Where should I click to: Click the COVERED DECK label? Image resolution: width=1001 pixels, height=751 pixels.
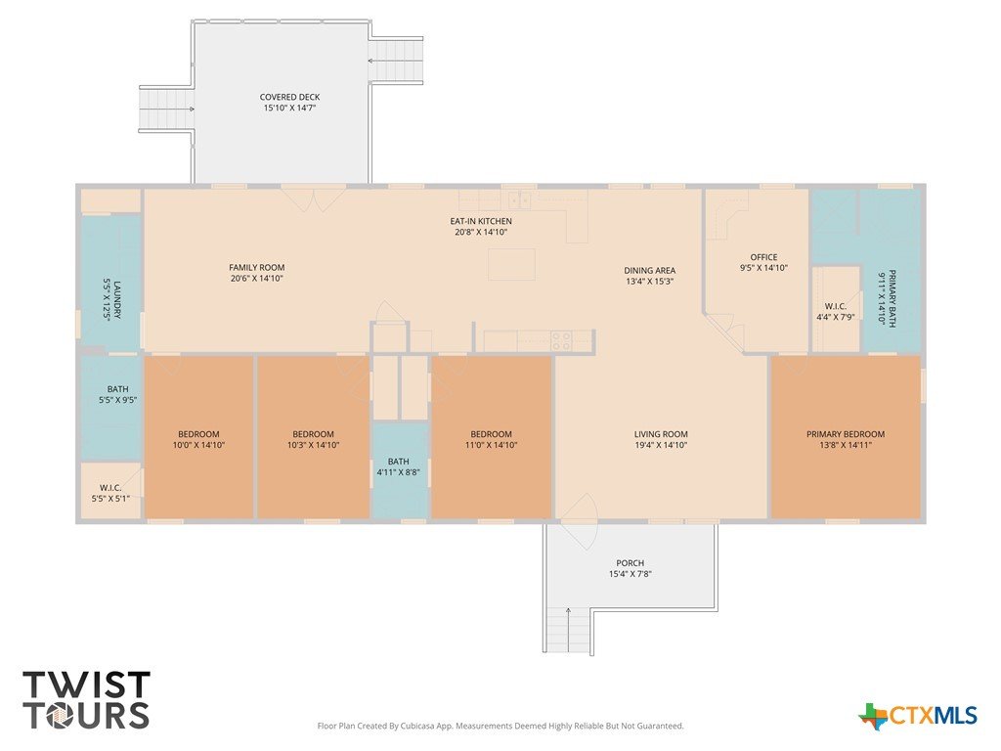pyautogui.click(x=289, y=97)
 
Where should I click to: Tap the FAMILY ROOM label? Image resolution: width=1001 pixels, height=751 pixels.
pyautogui.click(x=257, y=268)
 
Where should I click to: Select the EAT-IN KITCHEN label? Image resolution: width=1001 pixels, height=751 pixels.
pyautogui.click(x=481, y=221)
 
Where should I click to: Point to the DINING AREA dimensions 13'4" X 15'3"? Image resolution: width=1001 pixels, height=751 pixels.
pyautogui.click(x=650, y=281)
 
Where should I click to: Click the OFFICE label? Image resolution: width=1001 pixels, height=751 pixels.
pyautogui.click(x=763, y=257)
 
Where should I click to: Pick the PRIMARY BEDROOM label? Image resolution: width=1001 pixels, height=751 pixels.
pyautogui.click(x=846, y=434)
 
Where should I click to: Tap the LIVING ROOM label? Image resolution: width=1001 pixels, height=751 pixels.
pyautogui.click(x=661, y=434)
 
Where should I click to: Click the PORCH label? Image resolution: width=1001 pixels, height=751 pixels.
pyautogui.click(x=631, y=562)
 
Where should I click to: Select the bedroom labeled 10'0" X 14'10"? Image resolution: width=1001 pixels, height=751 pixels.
pyautogui.click(x=198, y=439)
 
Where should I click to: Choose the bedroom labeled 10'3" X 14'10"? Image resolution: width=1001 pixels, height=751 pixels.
pyautogui.click(x=313, y=439)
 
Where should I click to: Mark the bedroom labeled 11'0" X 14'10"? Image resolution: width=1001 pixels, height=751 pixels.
pyautogui.click(x=491, y=439)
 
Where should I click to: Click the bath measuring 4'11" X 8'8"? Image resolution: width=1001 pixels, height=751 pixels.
pyautogui.click(x=399, y=466)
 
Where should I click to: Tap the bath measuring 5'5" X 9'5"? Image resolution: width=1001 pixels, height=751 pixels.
pyautogui.click(x=117, y=394)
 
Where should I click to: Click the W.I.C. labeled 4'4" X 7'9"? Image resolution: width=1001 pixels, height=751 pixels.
pyautogui.click(x=835, y=312)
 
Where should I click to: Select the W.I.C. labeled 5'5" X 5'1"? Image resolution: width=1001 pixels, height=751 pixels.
pyautogui.click(x=110, y=493)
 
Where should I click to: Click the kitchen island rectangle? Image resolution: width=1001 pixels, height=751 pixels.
pyautogui.click(x=511, y=264)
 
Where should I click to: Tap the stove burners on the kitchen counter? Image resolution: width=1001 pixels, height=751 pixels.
pyautogui.click(x=561, y=341)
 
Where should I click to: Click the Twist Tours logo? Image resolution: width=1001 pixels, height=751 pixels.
pyautogui.click(x=86, y=700)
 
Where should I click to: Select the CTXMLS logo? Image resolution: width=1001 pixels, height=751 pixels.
pyautogui.click(x=917, y=715)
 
